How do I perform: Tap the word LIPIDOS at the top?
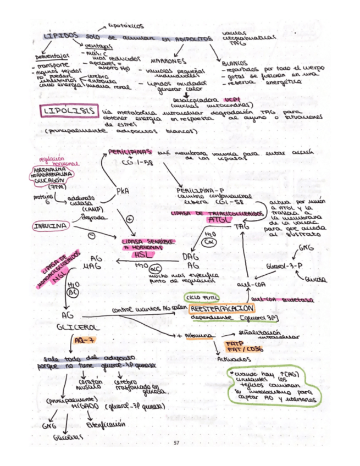(60, 36)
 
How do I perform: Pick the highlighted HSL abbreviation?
(142, 256)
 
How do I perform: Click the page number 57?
(176, 442)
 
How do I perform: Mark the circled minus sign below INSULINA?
(91, 235)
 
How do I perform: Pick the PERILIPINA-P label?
(196, 190)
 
